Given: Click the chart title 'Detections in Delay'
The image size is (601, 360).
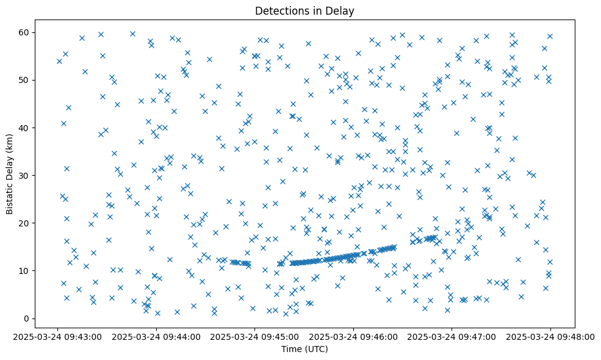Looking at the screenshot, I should pos(304,10).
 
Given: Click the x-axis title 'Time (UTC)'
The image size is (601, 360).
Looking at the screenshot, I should pos(304,349).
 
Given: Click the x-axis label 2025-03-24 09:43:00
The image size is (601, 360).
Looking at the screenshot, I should pos(59,336).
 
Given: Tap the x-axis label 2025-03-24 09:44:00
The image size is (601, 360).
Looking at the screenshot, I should pos(157,336).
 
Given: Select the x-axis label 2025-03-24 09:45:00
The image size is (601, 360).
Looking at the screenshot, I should pos(255,336).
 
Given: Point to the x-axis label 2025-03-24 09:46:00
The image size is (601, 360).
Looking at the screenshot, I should pos(353,336).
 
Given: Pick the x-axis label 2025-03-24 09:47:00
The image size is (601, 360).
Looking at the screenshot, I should pos(452,336).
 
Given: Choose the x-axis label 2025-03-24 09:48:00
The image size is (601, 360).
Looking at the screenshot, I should pos(550,336).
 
